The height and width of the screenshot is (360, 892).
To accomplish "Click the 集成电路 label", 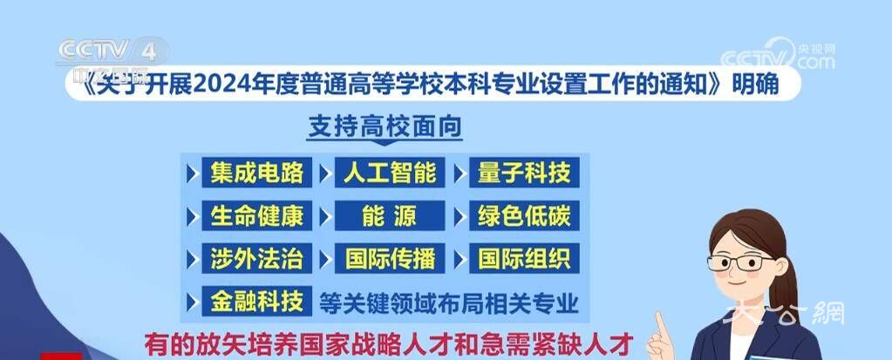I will (256, 173).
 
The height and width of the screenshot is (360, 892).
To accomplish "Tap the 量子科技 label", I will (523, 173).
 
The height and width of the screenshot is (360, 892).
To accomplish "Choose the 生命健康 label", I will (256, 215).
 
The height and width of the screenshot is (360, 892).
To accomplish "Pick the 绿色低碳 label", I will (523, 215).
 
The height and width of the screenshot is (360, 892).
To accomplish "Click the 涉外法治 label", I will (256, 258).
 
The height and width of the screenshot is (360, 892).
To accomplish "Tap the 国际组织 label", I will (523, 258).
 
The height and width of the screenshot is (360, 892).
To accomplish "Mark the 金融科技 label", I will (256, 302).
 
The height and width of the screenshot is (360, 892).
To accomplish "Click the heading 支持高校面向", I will (385, 127).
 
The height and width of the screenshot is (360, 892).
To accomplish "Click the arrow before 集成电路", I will (191, 173).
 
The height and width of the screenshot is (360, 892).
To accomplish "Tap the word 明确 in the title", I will (752, 85).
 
